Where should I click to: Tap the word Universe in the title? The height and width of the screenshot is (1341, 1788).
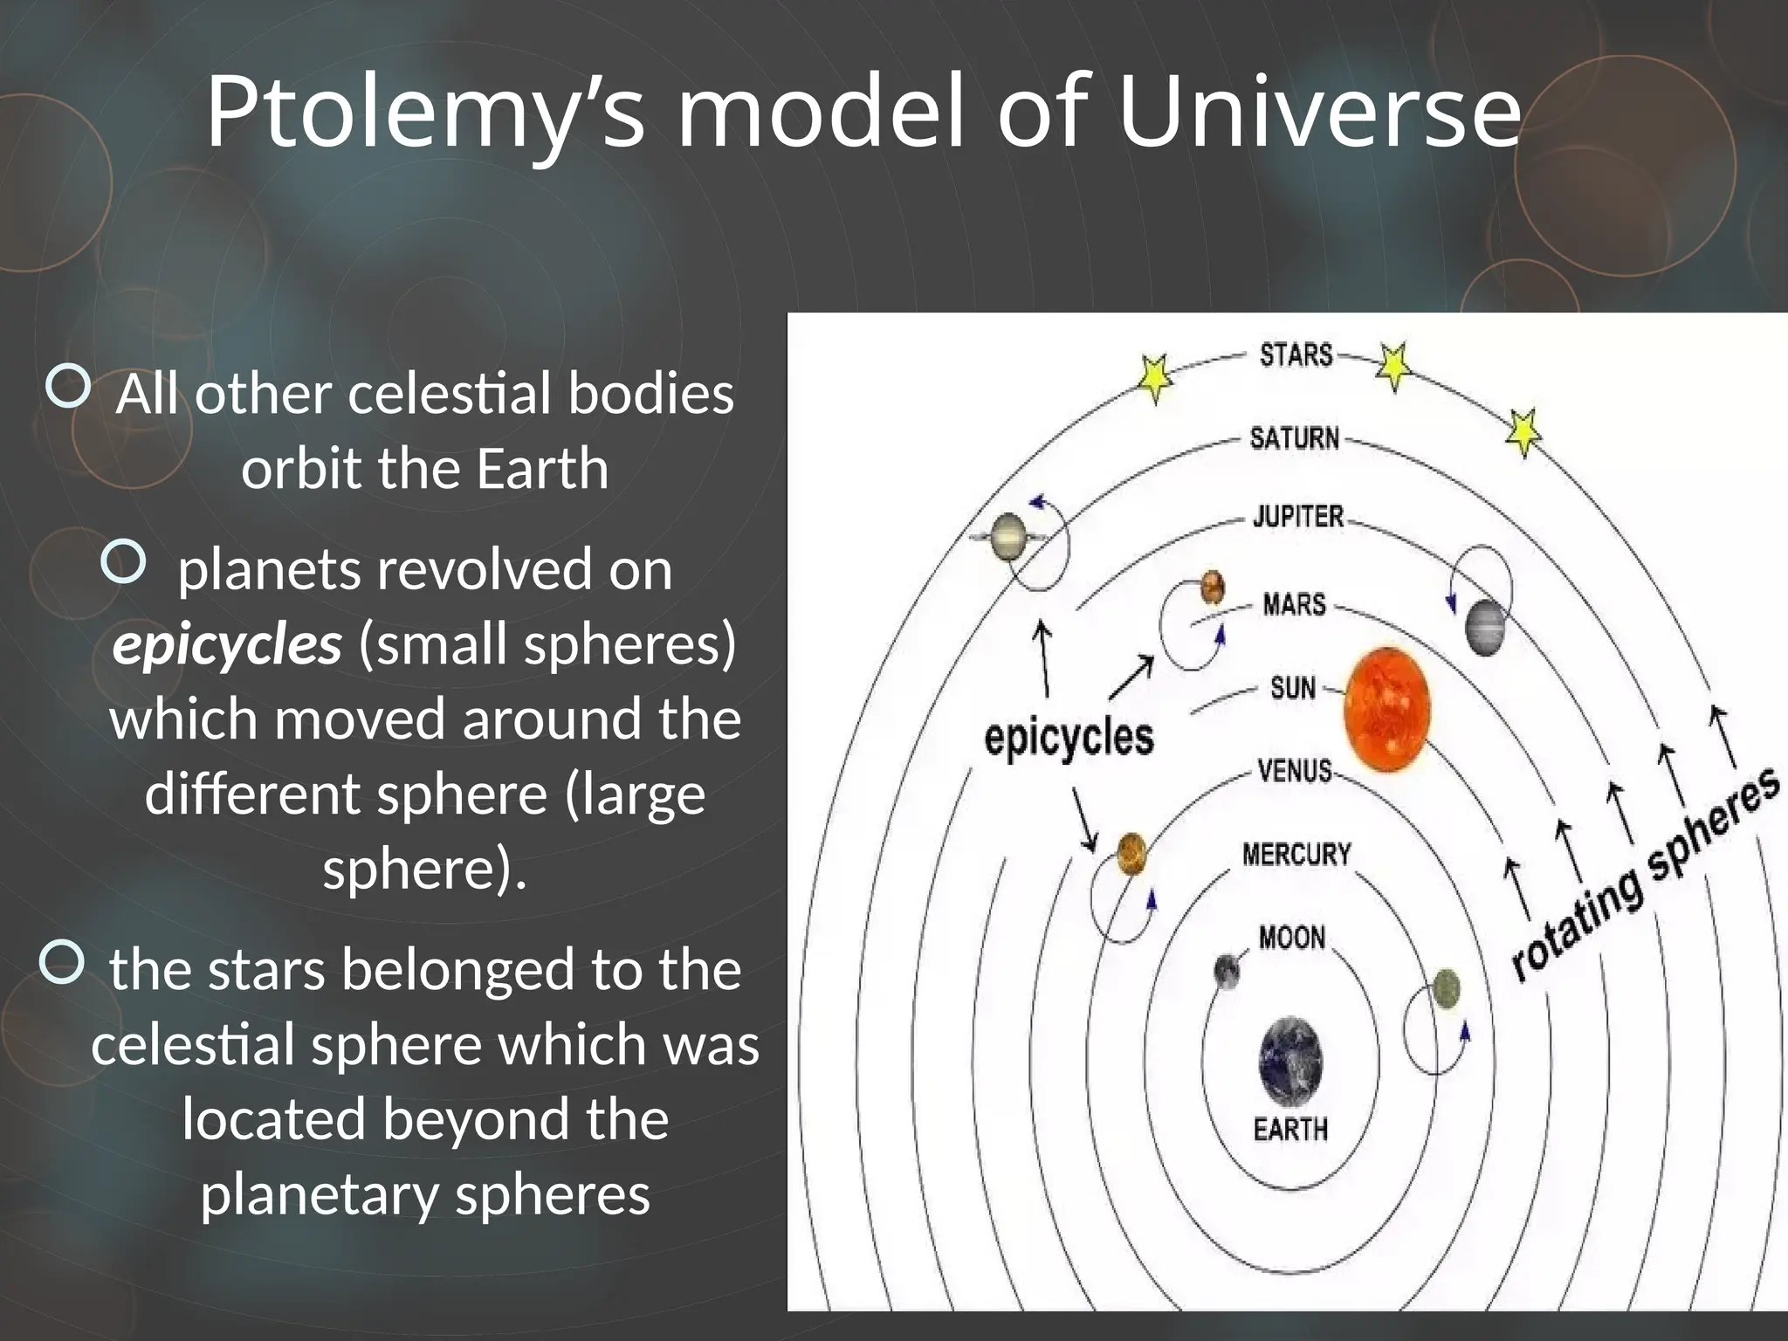pos(1318,113)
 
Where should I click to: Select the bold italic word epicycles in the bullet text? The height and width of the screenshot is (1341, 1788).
pos(227,645)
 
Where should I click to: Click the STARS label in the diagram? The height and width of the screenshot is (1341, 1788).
pos(1296,355)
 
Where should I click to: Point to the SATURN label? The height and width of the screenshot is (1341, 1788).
pos(1294,437)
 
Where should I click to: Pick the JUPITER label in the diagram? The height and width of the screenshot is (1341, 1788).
pos(1298,516)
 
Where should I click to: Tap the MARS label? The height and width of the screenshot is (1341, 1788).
pos(1294,604)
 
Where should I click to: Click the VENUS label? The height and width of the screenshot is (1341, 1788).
pos(1294,771)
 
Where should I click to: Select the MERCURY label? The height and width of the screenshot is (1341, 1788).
pos(1296,854)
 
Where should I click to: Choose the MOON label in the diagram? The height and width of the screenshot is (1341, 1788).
pos(1292,938)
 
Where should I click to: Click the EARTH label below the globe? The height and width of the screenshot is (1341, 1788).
pos(1290,1130)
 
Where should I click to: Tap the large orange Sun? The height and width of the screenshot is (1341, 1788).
pos(1386,710)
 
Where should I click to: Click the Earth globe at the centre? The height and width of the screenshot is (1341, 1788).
pos(1290,1062)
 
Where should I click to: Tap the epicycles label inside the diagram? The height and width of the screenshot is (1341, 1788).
pos(1069,738)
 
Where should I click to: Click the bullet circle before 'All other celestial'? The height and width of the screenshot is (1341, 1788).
pos(67,387)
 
